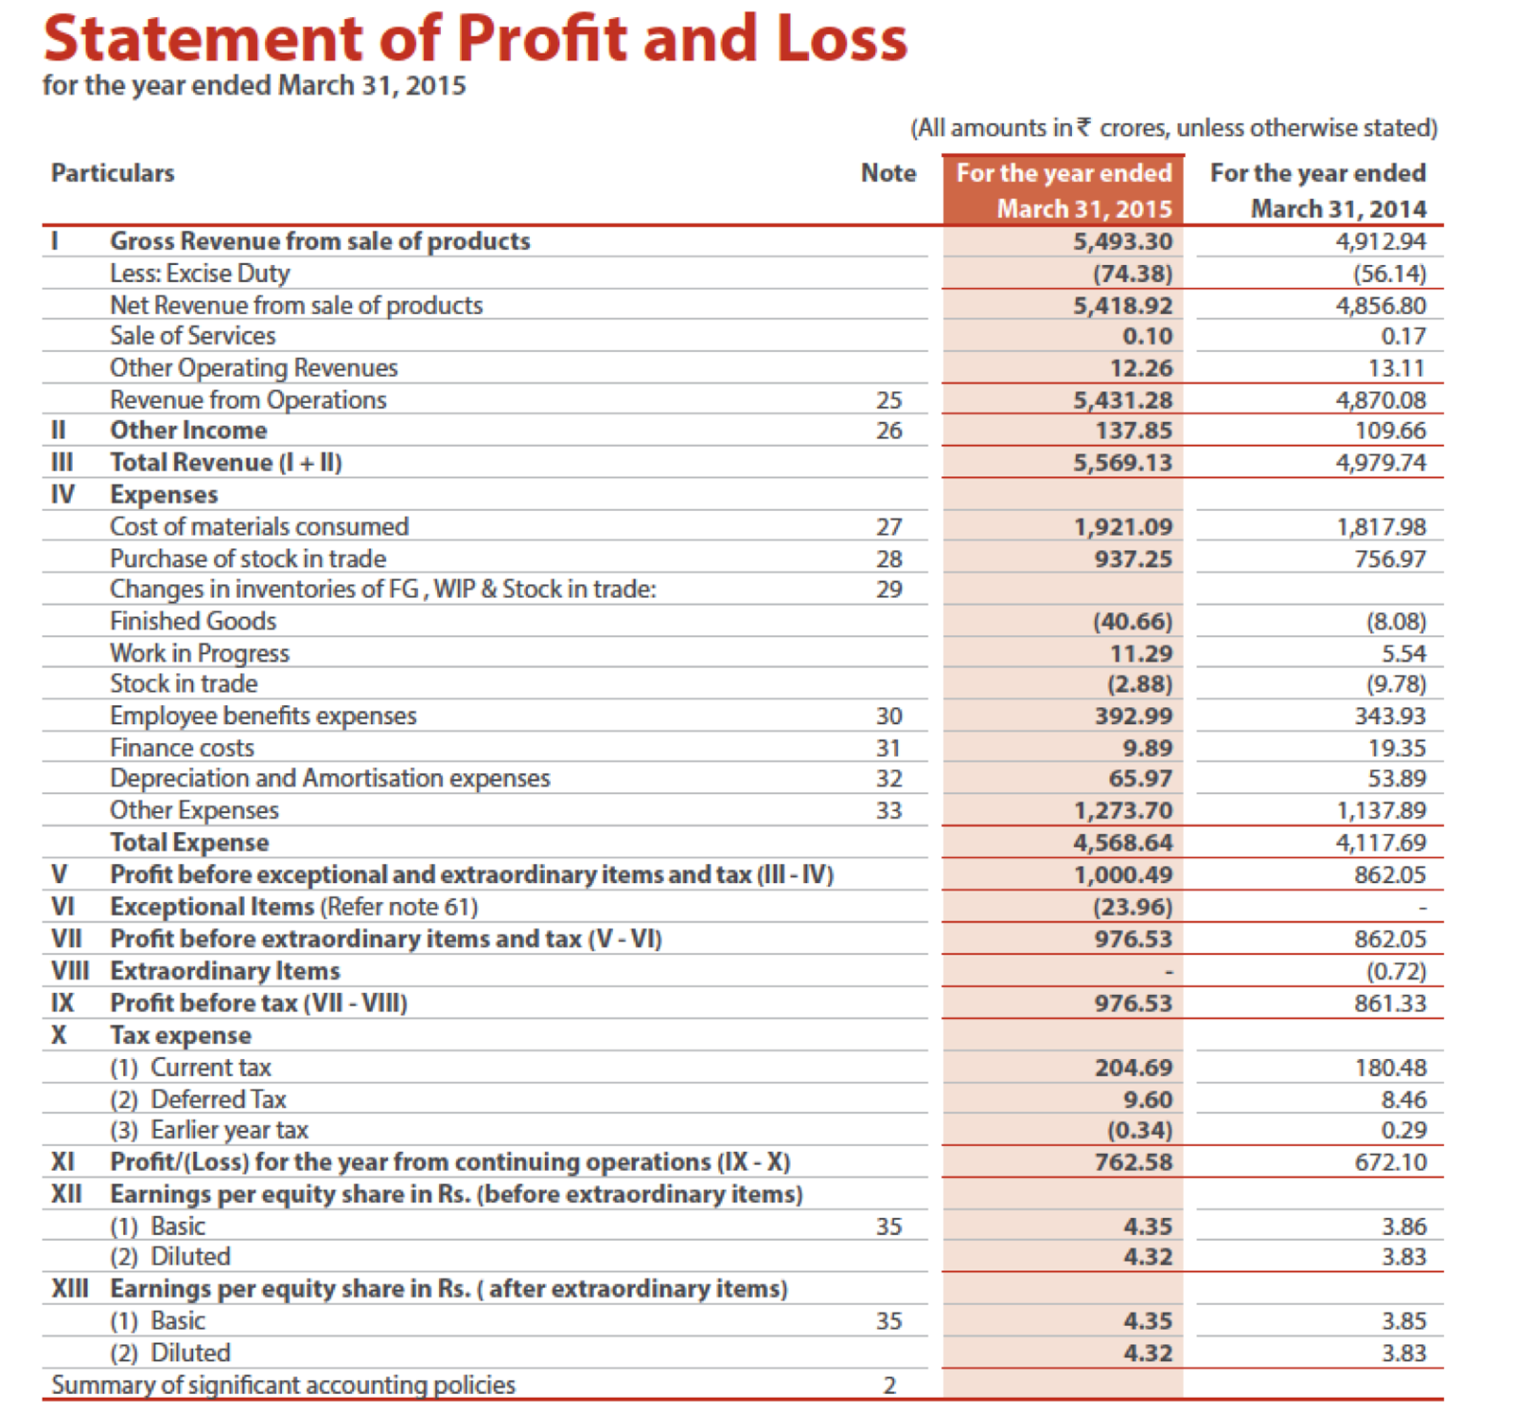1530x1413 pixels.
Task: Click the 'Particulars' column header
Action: (x=113, y=173)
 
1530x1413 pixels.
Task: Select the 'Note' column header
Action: (x=887, y=173)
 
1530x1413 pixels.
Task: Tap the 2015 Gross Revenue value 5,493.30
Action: (x=1122, y=241)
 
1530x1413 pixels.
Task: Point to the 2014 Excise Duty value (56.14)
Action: (x=1388, y=274)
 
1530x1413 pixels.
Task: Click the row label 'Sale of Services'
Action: (x=192, y=336)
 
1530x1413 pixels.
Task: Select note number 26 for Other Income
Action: (x=888, y=431)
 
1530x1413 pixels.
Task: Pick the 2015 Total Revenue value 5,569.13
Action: (x=1122, y=463)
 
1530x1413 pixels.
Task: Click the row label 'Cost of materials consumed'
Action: (x=259, y=527)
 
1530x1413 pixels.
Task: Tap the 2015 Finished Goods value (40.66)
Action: (x=1132, y=622)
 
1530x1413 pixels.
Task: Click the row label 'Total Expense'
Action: (x=189, y=843)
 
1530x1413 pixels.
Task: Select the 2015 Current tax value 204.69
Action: (x=1133, y=1068)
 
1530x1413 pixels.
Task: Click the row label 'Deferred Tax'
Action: (x=218, y=1100)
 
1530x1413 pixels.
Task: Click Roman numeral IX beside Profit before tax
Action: (x=62, y=1004)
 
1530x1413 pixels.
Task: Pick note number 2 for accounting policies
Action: (x=888, y=1385)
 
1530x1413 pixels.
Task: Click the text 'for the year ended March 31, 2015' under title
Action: (x=254, y=86)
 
